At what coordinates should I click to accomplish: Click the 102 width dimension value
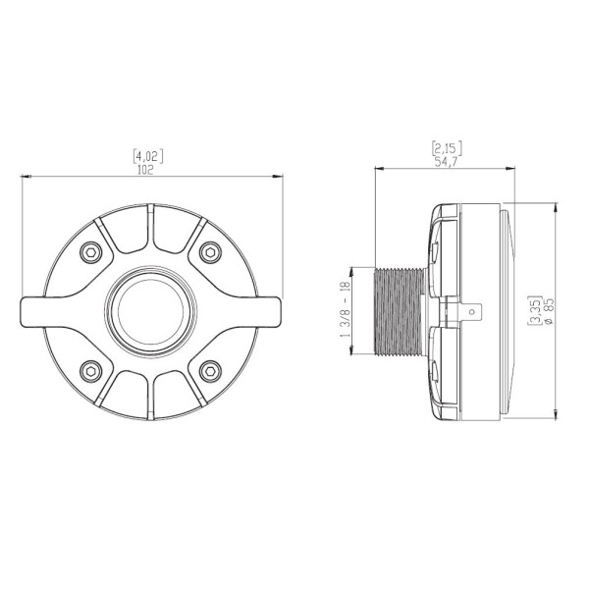pyautogui.click(x=145, y=170)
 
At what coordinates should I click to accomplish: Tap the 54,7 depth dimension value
pyautogui.click(x=447, y=162)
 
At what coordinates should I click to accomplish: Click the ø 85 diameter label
pyautogui.click(x=548, y=311)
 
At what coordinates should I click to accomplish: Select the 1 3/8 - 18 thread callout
pyautogui.click(x=346, y=309)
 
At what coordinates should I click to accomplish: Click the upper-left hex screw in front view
pyautogui.click(x=91, y=252)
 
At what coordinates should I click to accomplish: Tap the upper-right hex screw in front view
pyautogui.click(x=210, y=252)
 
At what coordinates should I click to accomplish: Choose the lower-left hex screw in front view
pyautogui.click(x=91, y=371)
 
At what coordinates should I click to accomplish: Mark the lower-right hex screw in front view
pyautogui.click(x=210, y=371)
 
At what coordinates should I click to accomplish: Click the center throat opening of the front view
pyautogui.click(x=150, y=312)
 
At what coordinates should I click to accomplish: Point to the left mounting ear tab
pyautogui.click(x=33, y=312)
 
